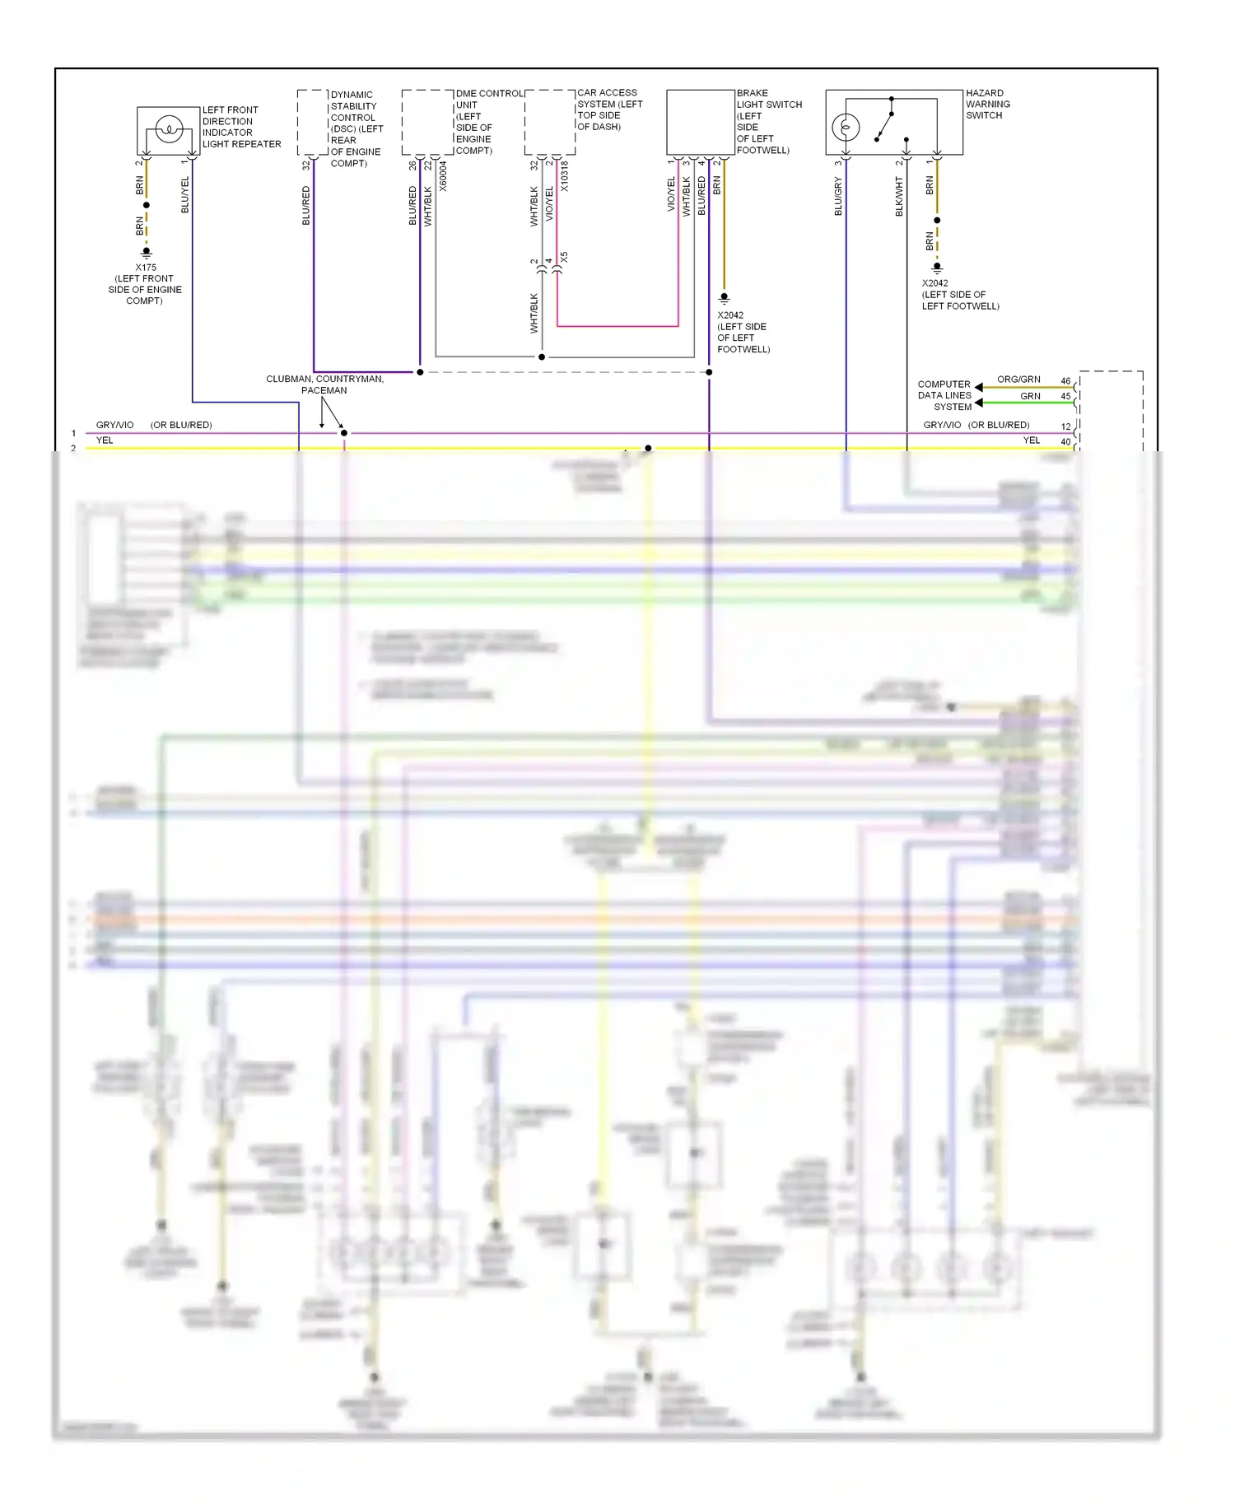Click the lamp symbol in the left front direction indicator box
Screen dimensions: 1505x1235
[x=169, y=129]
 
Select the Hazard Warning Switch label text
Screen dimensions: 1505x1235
[x=987, y=105]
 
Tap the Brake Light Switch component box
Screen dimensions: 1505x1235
[x=700, y=122]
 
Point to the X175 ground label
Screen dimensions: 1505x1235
[x=146, y=268]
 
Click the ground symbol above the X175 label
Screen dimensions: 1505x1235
[x=147, y=253]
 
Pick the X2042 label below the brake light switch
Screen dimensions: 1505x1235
[x=730, y=315]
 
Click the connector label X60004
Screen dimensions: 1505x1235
[x=443, y=176]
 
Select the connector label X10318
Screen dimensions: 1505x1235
[x=565, y=176]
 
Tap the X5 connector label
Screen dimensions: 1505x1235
[x=564, y=258]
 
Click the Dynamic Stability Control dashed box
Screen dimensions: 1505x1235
[x=313, y=122]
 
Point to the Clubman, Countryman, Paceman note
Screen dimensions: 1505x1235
[x=324, y=384]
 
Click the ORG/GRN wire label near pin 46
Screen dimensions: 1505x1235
[x=1018, y=380]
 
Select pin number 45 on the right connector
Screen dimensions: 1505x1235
[x=1065, y=396]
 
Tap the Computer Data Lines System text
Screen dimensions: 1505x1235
[x=945, y=395]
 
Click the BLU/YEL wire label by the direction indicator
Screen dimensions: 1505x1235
[x=184, y=195]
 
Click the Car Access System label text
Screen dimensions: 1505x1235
[x=609, y=109]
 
